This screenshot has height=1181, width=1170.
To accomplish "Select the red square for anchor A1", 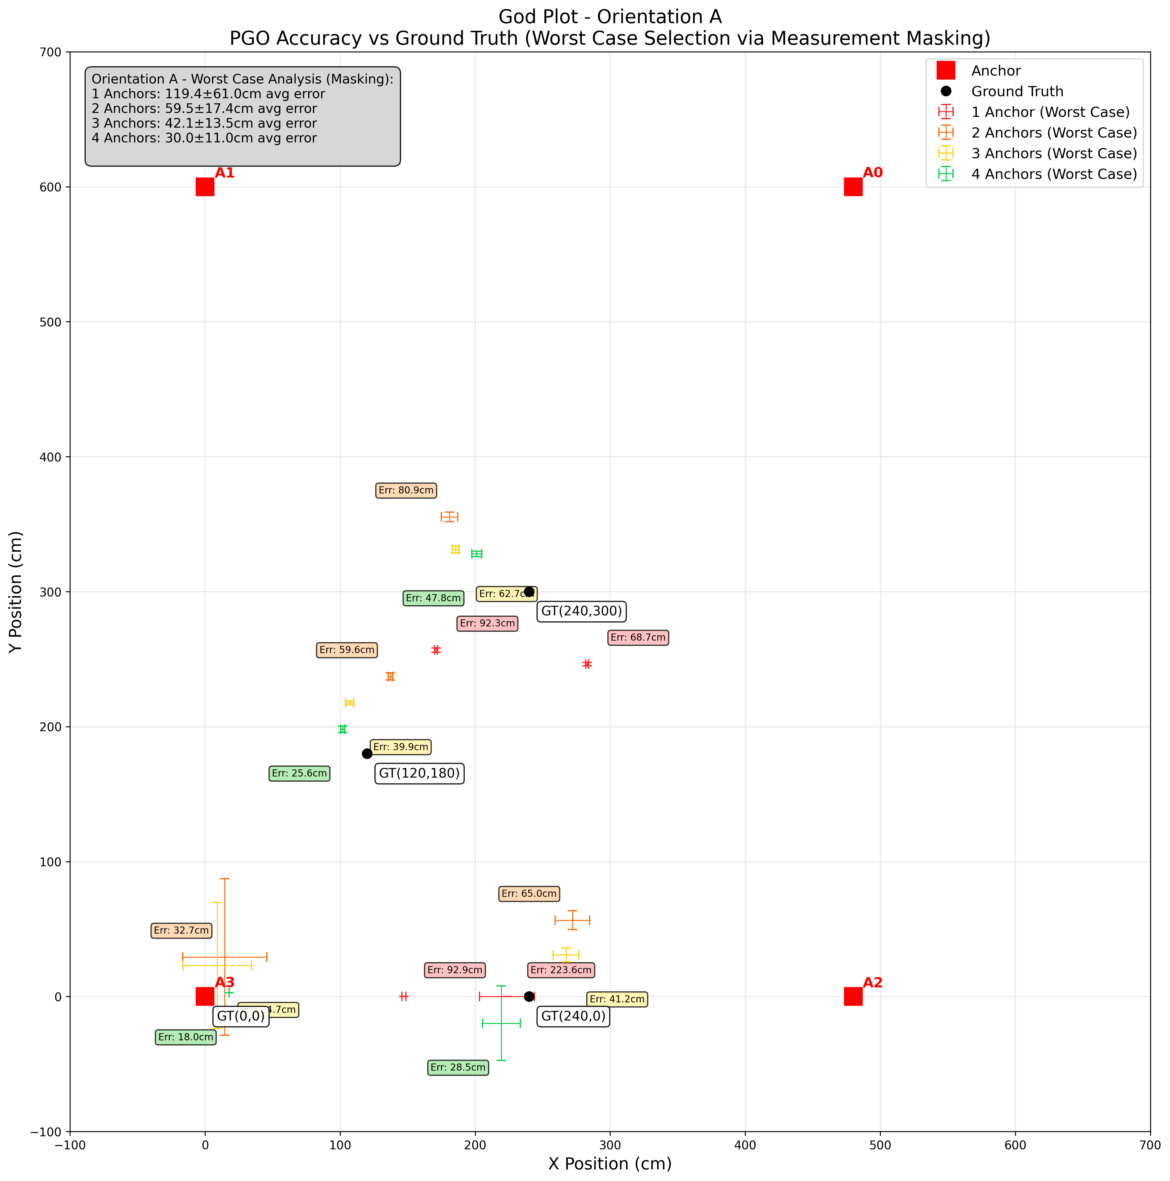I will pyautogui.click(x=205, y=187).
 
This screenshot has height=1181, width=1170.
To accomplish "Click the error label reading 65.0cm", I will pyautogui.click(x=529, y=894).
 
